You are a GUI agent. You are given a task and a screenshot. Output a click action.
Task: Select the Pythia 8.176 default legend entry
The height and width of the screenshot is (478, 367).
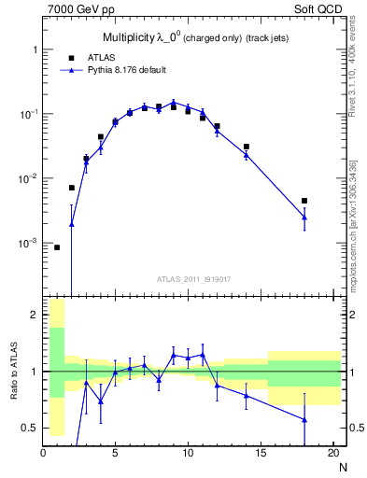click(124, 69)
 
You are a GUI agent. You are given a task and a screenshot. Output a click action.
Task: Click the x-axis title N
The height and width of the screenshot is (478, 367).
click(343, 466)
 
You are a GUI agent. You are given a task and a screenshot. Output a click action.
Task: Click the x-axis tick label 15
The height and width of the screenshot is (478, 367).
click(261, 454)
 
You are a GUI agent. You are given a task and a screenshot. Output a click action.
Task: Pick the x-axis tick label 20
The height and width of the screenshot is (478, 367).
click(332, 454)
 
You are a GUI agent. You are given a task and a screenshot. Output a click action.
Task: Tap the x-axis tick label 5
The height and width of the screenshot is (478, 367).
click(115, 454)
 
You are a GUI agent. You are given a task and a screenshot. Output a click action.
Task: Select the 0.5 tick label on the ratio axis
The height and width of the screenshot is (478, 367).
click(29, 428)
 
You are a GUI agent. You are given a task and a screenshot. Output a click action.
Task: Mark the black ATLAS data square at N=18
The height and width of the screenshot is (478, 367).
click(304, 201)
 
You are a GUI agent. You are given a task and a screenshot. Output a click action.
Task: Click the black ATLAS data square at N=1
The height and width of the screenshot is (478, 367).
click(57, 247)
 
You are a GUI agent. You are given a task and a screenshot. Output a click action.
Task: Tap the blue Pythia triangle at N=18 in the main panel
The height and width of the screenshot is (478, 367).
click(304, 218)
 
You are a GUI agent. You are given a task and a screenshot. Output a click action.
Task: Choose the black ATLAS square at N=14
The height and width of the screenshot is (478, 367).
click(247, 147)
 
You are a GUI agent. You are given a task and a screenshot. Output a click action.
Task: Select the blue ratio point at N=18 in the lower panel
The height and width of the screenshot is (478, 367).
click(304, 419)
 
